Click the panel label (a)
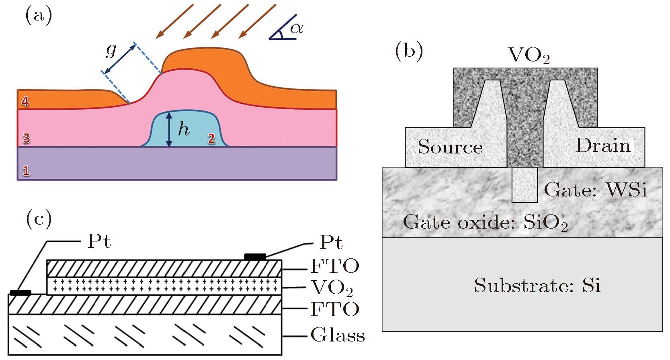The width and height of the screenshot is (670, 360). click(x=39, y=16)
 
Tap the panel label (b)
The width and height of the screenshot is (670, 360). click(x=409, y=52)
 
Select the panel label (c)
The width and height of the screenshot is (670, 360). click(x=39, y=219)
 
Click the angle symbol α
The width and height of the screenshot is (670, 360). click(x=297, y=28)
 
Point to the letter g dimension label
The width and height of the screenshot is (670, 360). click(x=111, y=50)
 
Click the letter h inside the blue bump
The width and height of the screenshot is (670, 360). click(x=184, y=129)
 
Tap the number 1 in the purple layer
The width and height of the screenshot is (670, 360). click(x=26, y=171)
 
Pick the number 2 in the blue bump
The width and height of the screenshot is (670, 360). click(x=211, y=139)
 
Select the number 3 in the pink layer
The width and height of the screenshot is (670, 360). click(x=26, y=139)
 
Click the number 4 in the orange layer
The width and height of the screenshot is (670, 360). click(x=25, y=102)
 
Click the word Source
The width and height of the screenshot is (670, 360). click(x=450, y=147)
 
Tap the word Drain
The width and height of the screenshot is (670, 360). click(x=603, y=145)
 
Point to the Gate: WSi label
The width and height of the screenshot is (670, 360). click(x=595, y=190)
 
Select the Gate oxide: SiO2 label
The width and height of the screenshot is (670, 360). click(x=485, y=222)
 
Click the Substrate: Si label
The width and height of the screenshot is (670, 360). click(x=537, y=286)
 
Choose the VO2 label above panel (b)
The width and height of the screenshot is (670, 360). click(x=529, y=55)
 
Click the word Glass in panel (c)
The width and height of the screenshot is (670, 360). click(x=338, y=335)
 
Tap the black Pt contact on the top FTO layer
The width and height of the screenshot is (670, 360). click(x=255, y=256)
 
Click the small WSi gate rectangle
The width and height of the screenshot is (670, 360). click(x=525, y=185)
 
